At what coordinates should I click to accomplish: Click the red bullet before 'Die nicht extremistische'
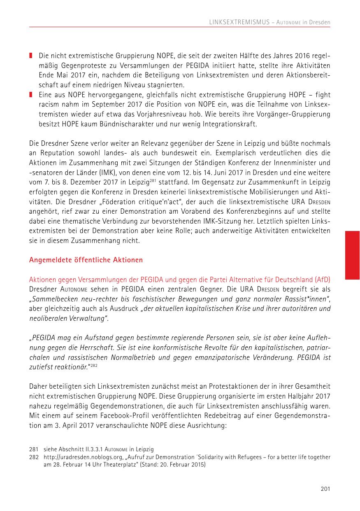point(31,55)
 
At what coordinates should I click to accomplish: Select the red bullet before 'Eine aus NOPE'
point(31,95)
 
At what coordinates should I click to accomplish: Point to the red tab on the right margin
point(353,255)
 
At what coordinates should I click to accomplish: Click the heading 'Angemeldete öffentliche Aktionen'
point(86,260)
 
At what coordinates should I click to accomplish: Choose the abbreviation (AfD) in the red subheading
point(323,279)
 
